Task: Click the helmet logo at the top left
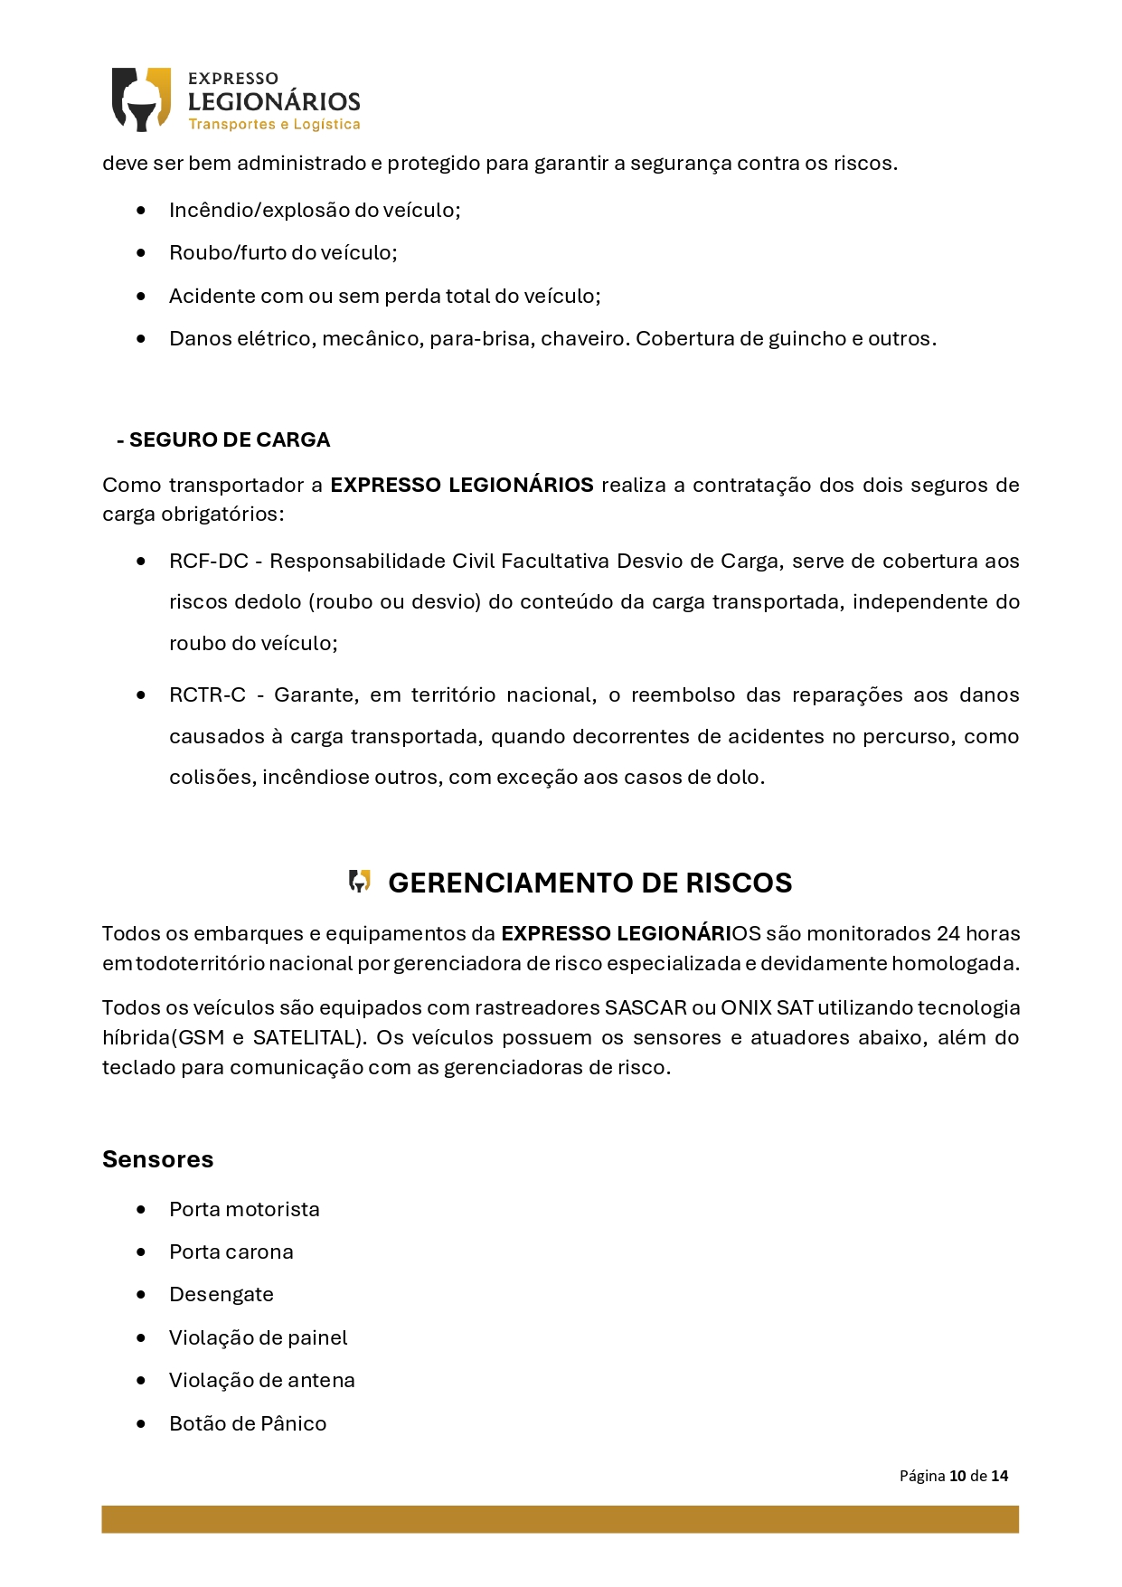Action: [141, 99]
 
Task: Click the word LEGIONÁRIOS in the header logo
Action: [274, 101]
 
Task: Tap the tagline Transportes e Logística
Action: [274, 125]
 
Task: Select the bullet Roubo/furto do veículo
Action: [283, 253]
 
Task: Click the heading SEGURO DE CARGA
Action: [229, 440]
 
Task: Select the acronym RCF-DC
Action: [208, 562]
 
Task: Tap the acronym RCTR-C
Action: [207, 695]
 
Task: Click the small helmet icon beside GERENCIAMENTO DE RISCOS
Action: [360, 882]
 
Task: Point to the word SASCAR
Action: [646, 1008]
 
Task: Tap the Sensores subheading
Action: [157, 1160]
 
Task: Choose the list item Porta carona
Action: [231, 1252]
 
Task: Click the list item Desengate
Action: [221, 1295]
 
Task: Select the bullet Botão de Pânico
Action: [247, 1424]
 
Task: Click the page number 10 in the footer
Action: [957, 1477]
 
